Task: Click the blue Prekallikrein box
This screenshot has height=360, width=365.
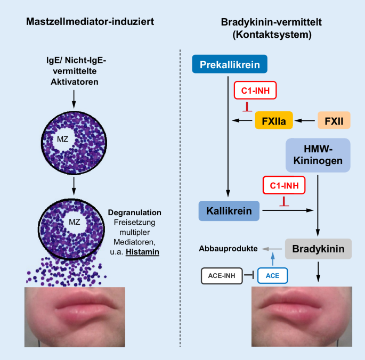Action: [x=230, y=65]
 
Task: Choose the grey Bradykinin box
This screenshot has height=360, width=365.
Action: [x=318, y=249]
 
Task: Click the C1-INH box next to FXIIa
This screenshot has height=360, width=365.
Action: [x=255, y=91]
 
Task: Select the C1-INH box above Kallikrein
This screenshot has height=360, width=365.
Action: [x=285, y=186]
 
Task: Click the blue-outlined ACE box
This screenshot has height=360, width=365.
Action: [x=272, y=275]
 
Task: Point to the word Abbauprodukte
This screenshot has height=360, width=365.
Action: [x=228, y=249]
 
